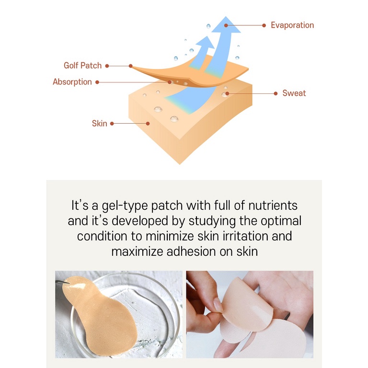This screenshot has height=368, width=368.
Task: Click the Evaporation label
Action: [x=292, y=25]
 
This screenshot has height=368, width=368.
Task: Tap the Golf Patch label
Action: [x=82, y=66]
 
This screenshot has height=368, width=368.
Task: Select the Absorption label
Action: [x=72, y=82]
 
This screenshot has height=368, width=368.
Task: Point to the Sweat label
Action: [x=294, y=93]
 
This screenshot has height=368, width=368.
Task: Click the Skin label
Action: [x=99, y=124]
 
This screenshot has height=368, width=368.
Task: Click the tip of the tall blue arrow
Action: [x=226, y=17]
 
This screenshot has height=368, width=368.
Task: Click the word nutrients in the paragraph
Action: [x=273, y=206]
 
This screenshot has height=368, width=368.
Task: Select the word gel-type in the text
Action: [x=125, y=206]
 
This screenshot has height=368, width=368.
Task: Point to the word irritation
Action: [x=245, y=236]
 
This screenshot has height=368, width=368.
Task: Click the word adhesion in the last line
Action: [x=191, y=252]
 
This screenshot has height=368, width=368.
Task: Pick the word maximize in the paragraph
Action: [x=137, y=252]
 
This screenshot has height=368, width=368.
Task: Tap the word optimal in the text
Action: [x=281, y=221]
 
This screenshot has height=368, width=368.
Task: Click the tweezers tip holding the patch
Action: [x=68, y=283]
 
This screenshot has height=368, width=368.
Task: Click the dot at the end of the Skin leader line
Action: [x=148, y=124]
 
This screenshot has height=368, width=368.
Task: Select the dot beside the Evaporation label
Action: [x=264, y=25]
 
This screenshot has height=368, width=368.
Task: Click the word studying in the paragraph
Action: [x=212, y=221]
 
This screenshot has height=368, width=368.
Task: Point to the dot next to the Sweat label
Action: [x=276, y=93]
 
